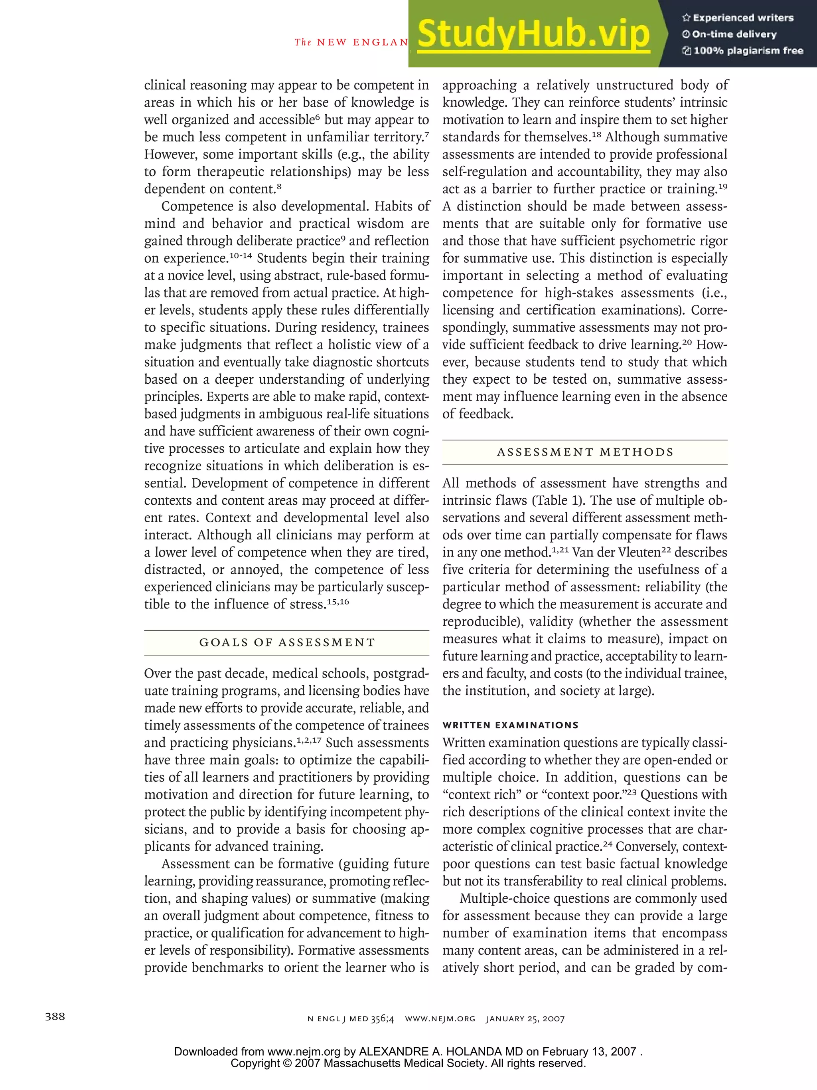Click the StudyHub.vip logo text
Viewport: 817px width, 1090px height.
tap(533, 34)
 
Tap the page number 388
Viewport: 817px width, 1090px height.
tap(55, 1017)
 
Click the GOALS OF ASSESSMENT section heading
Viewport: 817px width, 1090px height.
tap(286, 642)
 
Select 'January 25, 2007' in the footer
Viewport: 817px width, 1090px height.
tap(525, 1019)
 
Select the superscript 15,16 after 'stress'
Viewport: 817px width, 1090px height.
tap(338, 602)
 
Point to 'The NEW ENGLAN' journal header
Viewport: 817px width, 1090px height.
tap(351, 42)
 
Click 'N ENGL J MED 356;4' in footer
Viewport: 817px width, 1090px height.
tap(351, 1019)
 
